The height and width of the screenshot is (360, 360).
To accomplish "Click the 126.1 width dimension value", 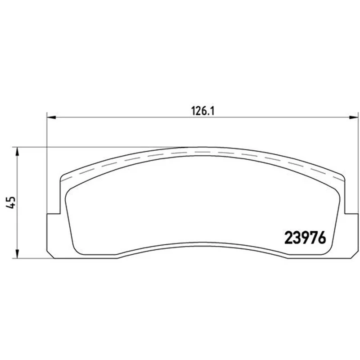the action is click(x=203, y=111).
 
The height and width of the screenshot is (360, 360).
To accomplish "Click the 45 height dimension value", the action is click(x=11, y=202).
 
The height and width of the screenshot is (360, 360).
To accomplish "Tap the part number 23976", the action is click(x=305, y=238).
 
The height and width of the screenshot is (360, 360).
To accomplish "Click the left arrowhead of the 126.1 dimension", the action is click(x=51, y=117).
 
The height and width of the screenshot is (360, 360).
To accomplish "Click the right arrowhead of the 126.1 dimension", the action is click(x=354, y=117).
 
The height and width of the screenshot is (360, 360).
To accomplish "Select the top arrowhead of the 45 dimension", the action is click(x=17, y=152).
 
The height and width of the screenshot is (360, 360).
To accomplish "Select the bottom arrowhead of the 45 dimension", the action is click(x=17, y=254).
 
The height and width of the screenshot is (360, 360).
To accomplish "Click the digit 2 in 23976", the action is click(x=288, y=238).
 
